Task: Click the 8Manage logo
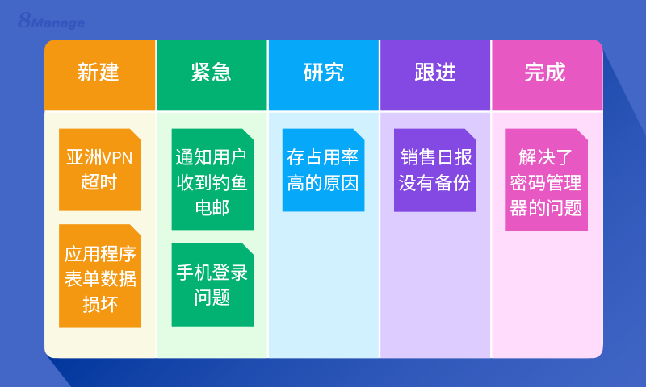(x=51, y=21)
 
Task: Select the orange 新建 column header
(x=99, y=73)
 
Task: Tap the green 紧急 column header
(x=212, y=73)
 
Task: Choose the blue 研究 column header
(x=323, y=73)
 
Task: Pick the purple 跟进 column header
(x=435, y=73)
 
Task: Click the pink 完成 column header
(x=546, y=73)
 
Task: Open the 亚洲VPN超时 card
(x=99, y=169)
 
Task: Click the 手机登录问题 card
(x=212, y=285)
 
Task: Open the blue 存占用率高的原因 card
(x=323, y=169)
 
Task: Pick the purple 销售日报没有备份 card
(x=435, y=169)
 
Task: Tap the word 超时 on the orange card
(x=99, y=181)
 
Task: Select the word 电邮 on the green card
(x=212, y=207)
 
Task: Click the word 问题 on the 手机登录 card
(x=212, y=298)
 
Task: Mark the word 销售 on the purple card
(x=417, y=156)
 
